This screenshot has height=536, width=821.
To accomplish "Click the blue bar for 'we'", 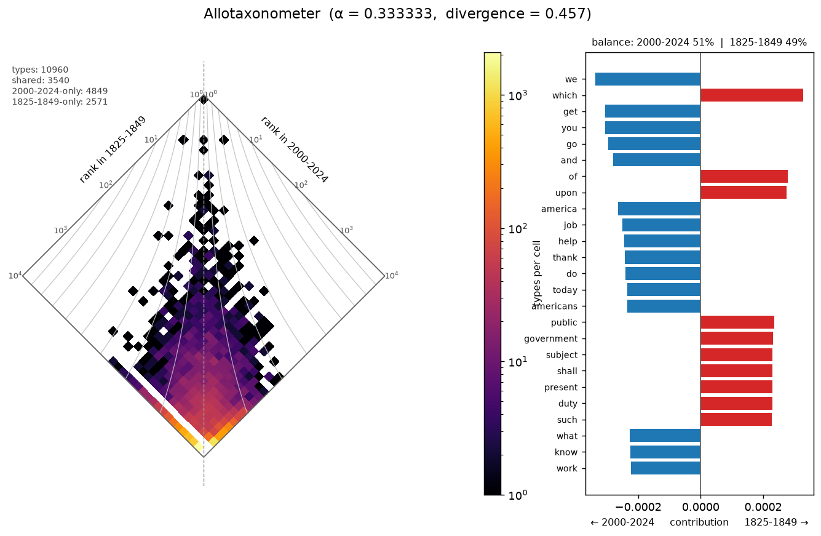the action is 648,79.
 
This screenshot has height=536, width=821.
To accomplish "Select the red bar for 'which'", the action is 752,95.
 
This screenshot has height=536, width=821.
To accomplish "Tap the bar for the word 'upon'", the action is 744,193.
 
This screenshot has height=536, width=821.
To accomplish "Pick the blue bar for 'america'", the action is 659,209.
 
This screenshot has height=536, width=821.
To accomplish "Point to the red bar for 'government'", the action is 737,338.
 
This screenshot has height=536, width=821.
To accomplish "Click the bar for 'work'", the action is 665,468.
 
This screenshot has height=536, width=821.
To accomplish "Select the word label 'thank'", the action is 565,258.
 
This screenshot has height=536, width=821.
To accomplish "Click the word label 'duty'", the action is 568,404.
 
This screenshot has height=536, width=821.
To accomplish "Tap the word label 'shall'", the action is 567,371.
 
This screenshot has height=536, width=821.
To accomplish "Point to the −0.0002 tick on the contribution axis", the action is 638,495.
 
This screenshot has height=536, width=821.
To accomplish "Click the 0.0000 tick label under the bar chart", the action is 700,507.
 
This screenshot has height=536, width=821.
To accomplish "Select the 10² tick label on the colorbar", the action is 518,229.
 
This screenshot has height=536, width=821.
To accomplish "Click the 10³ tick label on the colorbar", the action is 518,95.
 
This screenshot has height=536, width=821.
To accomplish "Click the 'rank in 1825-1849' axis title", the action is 113,149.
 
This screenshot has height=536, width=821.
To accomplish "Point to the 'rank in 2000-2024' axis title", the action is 295,150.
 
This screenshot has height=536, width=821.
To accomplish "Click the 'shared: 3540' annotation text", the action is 41,81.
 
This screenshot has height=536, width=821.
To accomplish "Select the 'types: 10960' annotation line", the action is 40,70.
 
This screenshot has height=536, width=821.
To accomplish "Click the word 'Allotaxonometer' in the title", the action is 262,14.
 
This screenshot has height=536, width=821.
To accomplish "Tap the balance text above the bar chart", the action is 699,42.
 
